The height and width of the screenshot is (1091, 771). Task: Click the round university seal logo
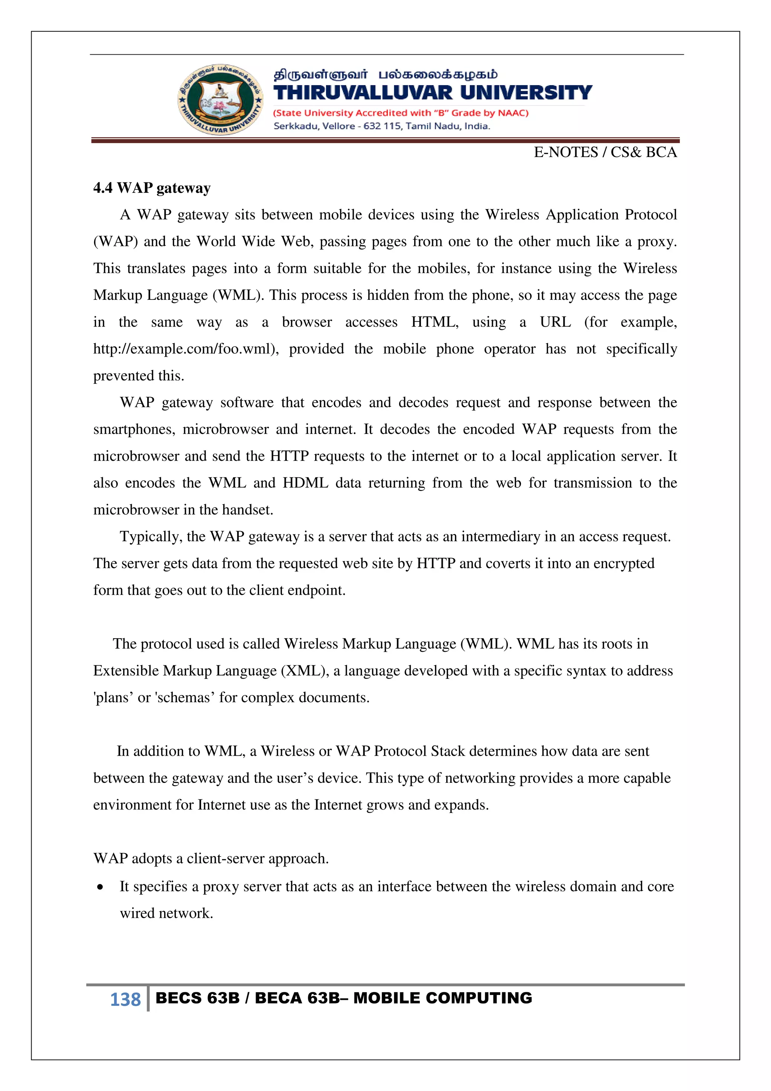point(219,99)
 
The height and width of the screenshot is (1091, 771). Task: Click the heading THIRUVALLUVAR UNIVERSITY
point(433,93)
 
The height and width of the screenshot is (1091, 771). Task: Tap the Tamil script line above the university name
point(385,75)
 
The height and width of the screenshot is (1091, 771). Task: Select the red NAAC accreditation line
point(401,113)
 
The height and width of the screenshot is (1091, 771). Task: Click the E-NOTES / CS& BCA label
point(605,153)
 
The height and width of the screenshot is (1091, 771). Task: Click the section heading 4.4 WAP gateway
point(152,188)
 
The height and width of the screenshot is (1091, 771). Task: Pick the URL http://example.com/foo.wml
point(185,349)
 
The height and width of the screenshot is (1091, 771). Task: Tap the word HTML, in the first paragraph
point(434,322)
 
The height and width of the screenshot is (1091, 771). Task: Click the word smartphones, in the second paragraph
point(134,429)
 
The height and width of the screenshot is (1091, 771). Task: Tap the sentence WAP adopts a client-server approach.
point(211,859)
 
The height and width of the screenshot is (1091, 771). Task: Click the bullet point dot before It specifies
point(100,887)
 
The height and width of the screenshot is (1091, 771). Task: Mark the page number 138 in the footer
point(125,999)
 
